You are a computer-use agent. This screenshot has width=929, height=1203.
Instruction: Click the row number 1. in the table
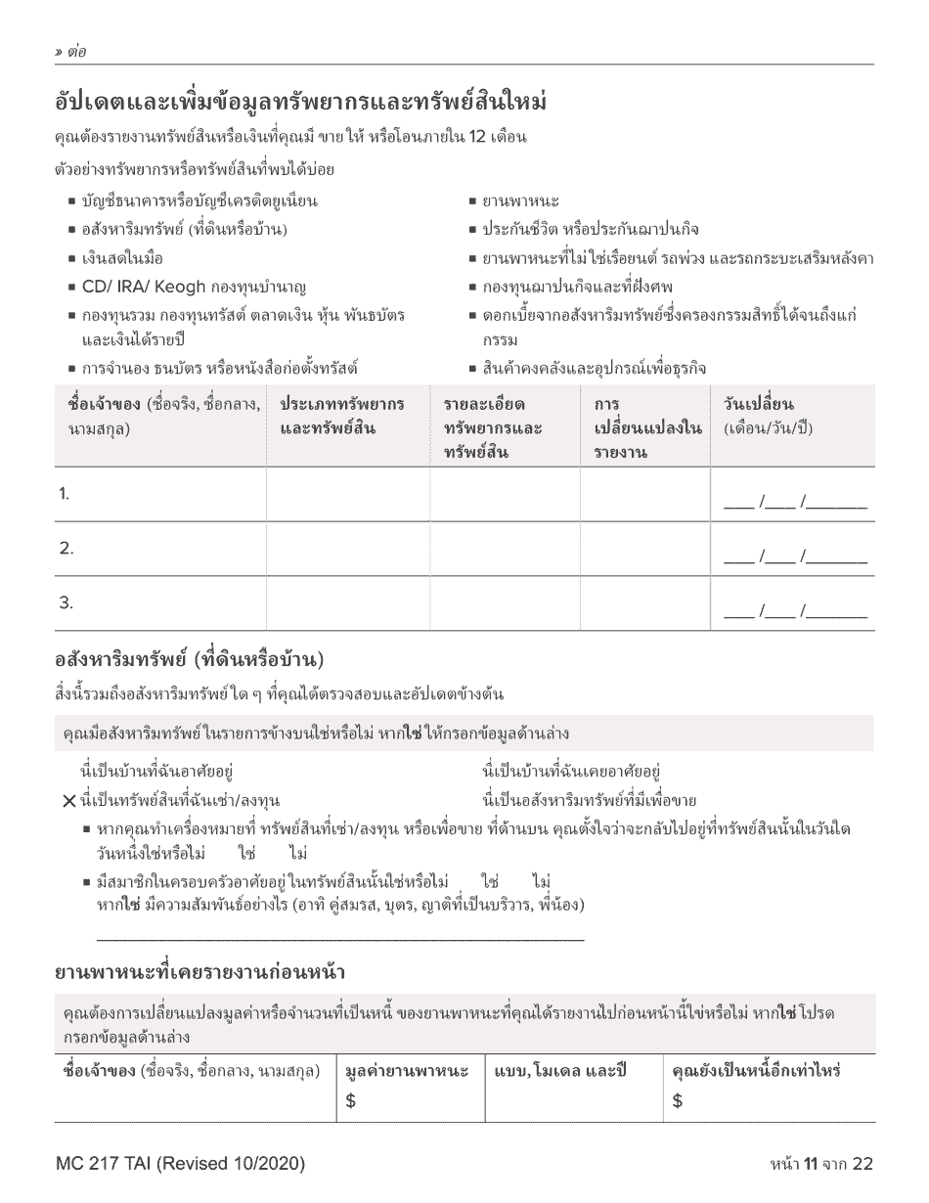64,494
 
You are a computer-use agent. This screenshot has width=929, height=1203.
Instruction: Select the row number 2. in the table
66,549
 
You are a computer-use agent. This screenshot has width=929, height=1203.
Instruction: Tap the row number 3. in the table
66,602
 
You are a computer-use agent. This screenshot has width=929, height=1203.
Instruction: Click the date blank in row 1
794,503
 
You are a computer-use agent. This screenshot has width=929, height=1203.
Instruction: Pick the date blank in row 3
794,612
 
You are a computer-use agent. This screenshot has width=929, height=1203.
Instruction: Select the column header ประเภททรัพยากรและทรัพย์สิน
342,416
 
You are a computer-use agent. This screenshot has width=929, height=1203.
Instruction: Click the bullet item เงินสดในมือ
122,258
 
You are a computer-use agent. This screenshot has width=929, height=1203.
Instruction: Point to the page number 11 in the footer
810,1164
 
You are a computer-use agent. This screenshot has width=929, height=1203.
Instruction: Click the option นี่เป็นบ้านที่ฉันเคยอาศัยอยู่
580,772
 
